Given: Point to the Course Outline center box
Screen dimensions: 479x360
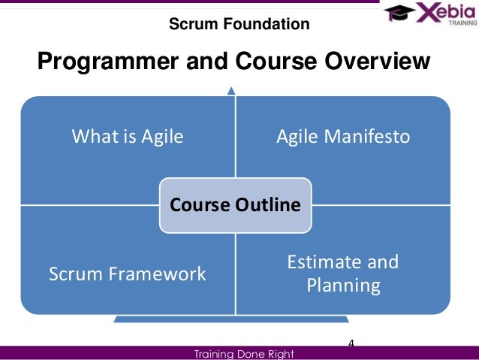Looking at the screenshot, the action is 235,204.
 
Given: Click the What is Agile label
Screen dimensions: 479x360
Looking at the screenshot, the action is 128,137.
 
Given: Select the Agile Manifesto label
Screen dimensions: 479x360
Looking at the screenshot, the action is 342,137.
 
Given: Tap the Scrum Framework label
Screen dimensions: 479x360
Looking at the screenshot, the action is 128,274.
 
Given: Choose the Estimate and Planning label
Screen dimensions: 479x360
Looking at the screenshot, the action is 342,274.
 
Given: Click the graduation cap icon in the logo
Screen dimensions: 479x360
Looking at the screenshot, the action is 399,12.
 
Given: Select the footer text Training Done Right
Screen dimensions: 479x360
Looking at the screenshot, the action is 244,353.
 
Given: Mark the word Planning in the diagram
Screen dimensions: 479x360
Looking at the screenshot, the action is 342,286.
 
